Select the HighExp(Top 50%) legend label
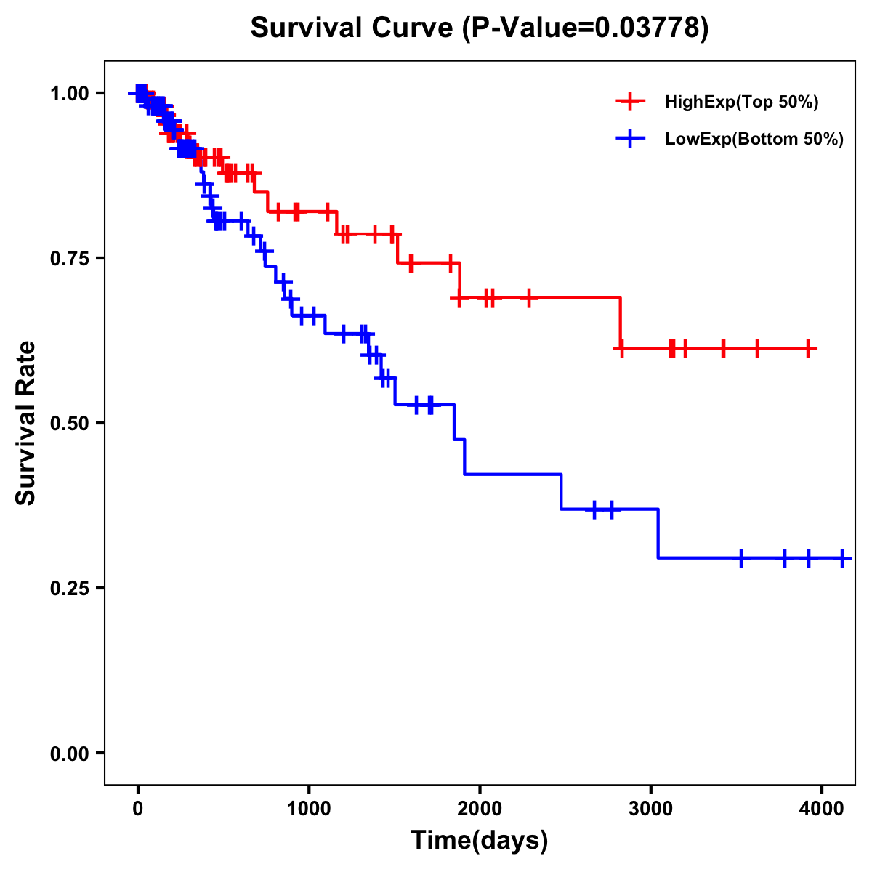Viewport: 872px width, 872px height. [x=742, y=102]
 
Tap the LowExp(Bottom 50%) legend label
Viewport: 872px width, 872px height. [x=754, y=139]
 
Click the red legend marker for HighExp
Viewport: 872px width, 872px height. [x=630, y=102]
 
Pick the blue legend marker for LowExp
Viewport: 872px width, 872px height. [x=630, y=139]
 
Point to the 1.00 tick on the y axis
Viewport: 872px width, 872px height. [x=69, y=94]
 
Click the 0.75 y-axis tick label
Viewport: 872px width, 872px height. [x=69, y=259]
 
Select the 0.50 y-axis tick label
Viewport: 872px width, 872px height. [x=69, y=424]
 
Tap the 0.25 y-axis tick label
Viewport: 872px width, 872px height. [x=69, y=589]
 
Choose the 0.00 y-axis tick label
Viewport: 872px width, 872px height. [x=69, y=754]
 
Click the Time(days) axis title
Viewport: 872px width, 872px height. [x=480, y=841]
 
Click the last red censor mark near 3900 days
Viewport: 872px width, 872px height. [x=808, y=349]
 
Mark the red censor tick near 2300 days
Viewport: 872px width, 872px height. [x=529, y=298]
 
